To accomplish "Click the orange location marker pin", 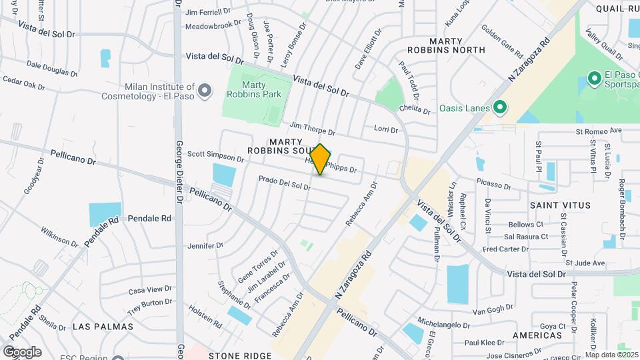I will click(321, 159).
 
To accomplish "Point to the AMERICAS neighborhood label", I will click(537, 335).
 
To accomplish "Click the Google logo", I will click(22, 351).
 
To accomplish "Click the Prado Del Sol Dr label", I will click(285, 182).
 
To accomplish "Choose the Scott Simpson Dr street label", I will click(215, 155).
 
